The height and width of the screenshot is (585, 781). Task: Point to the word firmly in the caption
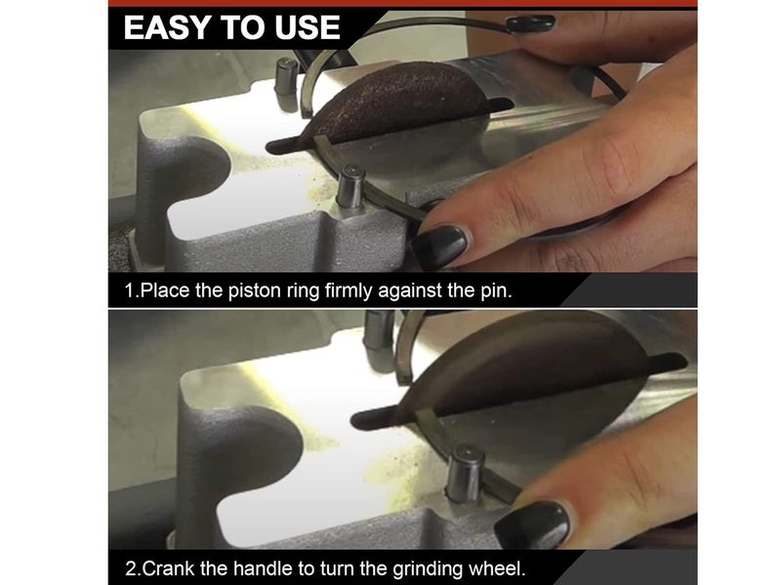point(349,291)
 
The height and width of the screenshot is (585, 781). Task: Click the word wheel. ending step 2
point(497,568)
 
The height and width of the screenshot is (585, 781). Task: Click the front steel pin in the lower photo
point(466,473)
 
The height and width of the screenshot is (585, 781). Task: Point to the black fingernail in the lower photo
point(532,526)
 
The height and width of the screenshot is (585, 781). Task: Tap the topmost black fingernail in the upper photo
point(530,23)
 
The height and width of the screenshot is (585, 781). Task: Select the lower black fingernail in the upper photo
point(440,247)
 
